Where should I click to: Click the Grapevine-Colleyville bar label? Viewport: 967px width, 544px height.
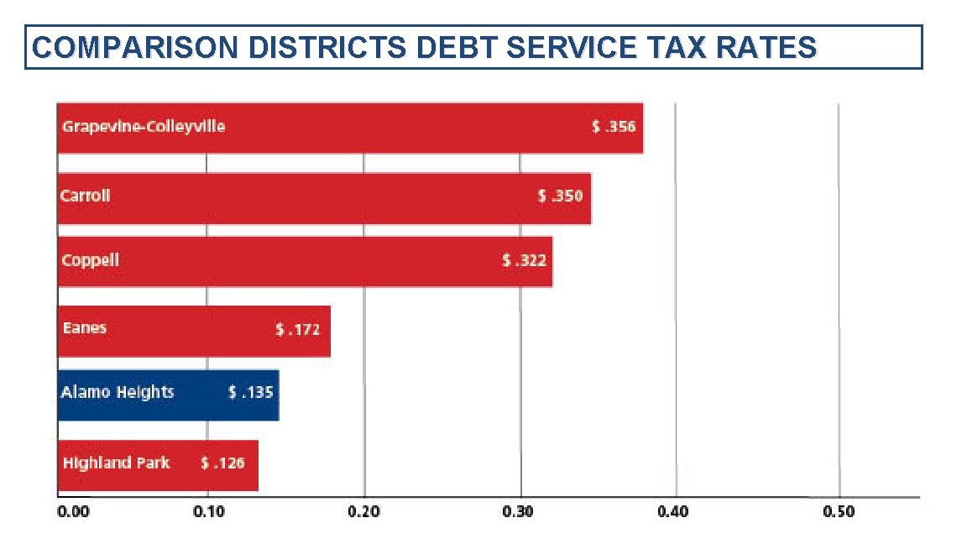tap(144, 128)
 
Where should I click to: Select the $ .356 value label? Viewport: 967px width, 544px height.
tap(614, 128)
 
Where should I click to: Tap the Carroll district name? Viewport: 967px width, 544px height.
tap(86, 196)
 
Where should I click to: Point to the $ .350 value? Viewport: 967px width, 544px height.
tap(560, 196)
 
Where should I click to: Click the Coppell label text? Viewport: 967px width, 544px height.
tap(91, 260)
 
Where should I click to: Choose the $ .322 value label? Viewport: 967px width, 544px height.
tap(525, 261)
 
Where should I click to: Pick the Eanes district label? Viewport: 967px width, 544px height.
tap(85, 328)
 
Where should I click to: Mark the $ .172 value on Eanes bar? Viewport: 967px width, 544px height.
tap(298, 330)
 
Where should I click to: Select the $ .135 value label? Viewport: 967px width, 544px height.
tap(251, 392)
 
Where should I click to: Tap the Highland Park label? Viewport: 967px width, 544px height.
tap(116, 463)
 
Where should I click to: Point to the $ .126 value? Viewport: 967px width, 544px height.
tap(222, 463)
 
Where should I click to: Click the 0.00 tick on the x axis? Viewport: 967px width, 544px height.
tap(72, 511)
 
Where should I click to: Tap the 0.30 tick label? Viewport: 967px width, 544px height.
tap(520, 511)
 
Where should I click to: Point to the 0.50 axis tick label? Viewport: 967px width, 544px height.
tap(839, 511)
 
